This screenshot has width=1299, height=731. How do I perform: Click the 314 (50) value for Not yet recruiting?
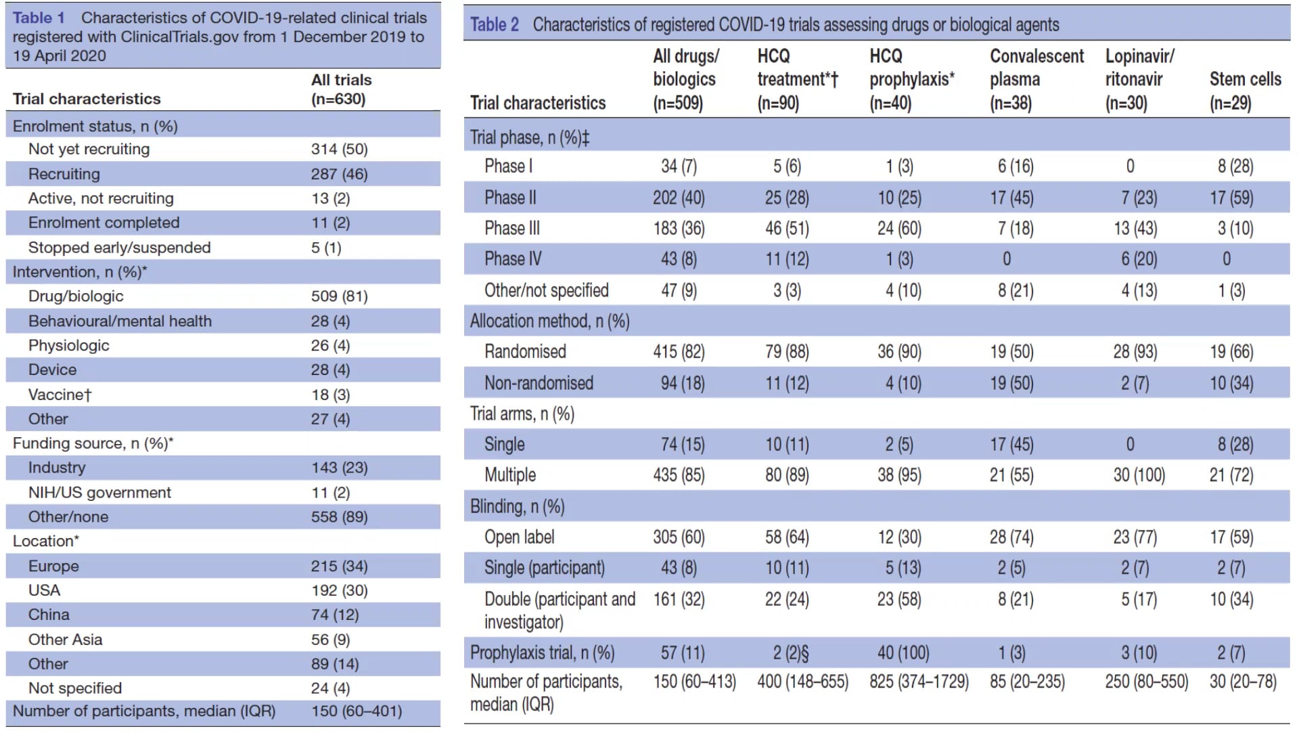(x=339, y=150)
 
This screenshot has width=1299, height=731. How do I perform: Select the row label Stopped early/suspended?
(x=119, y=248)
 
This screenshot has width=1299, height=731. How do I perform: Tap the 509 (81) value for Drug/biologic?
(x=339, y=296)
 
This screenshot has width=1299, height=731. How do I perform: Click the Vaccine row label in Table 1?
(x=60, y=395)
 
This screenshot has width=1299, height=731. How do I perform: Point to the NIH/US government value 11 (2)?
(x=330, y=493)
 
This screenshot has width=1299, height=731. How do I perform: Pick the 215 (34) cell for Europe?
(x=339, y=566)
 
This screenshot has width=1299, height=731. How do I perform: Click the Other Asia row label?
(x=65, y=640)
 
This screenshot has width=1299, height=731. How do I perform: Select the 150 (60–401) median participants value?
(x=357, y=711)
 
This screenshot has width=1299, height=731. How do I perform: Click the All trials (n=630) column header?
(x=341, y=89)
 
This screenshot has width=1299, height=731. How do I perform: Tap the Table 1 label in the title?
(x=39, y=18)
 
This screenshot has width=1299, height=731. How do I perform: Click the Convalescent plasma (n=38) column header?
(x=1036, y=79)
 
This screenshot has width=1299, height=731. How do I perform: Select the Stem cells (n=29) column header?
(x=1245, y=91)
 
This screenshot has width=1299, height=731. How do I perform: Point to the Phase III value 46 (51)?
(x=787, y=229)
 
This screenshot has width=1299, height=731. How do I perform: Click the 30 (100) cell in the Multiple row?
(x=1139, y=475)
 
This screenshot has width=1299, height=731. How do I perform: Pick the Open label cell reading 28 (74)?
(x=1011, y=537)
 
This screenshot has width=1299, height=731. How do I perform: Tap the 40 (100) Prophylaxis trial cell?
(x=903, y=653)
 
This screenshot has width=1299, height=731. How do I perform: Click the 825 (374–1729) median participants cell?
(x=919, y=682)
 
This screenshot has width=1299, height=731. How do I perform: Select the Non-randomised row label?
(x=539, y=383)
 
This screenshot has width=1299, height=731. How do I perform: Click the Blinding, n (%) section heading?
(x=518, y=507)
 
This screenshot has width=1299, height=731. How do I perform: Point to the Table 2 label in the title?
(x=495, y=25)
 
